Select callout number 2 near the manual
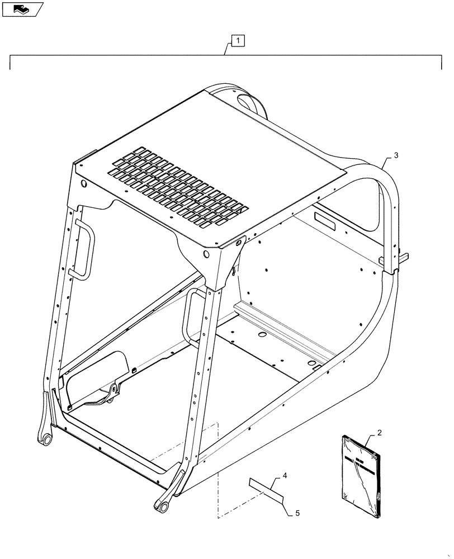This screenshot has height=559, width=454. pos(380,433)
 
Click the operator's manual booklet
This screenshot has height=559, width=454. pos(361,476)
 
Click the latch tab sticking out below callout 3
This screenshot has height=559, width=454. pos(405,257)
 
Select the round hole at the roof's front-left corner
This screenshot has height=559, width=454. pos(83,184)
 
